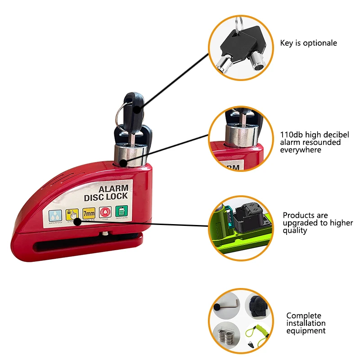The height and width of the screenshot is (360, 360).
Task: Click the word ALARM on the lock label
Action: [113, 189]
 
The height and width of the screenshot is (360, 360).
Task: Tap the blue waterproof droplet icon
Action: [55, 216]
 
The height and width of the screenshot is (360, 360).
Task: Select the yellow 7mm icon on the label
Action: [89, 214]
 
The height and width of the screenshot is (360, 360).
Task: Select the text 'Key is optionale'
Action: [308, 43]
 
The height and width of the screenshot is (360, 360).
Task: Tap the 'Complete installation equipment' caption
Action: [306, 323]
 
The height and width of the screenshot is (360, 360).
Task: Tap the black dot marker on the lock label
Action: [77, 221]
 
